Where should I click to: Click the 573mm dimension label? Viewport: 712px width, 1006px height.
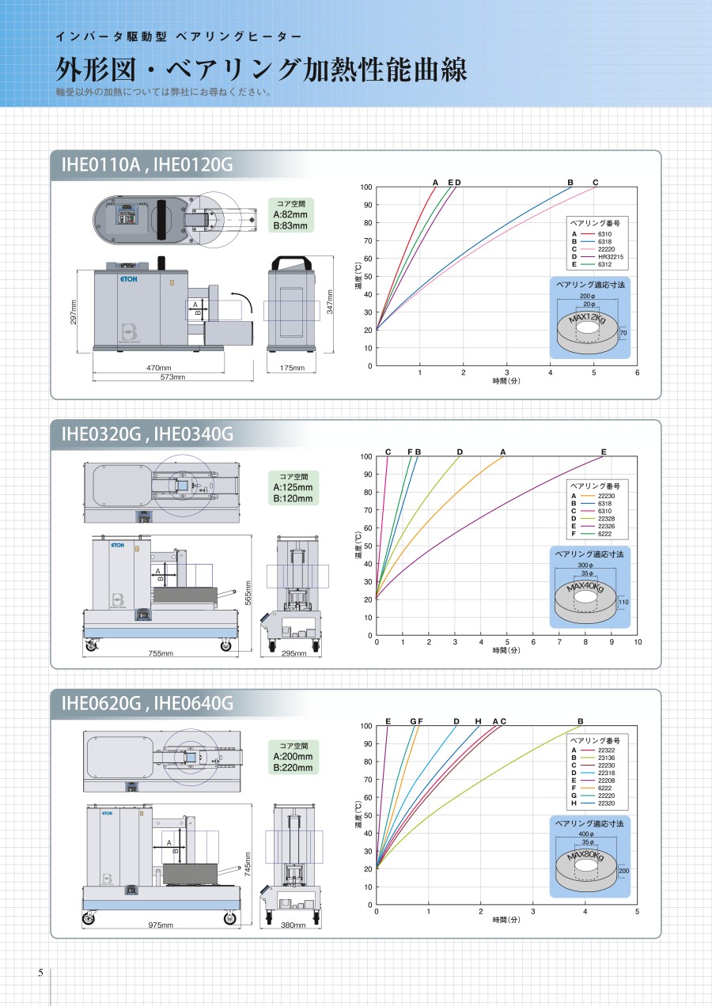tap(173, 377)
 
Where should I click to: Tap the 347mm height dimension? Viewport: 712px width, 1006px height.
tap(330, 302)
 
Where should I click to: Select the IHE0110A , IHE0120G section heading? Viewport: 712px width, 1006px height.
tap(147, 165)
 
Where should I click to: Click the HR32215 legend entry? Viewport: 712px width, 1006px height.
tap(611, 257)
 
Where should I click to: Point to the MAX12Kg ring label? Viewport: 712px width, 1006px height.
tap(588, 319)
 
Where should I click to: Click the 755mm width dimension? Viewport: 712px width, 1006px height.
tap(161, 653)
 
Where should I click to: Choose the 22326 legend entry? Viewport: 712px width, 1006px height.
tap(607, 526)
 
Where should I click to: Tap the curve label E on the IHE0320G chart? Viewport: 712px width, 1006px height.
tap(604, 452)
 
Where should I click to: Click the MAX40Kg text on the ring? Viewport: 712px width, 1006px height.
tap(585, 588)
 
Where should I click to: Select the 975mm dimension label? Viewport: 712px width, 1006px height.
tap(161, 925)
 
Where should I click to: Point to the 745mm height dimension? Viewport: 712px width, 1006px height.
tap(248, 864)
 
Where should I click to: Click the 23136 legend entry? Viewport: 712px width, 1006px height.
tap(607, 758)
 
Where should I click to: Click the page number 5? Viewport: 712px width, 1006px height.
tap(41, 973)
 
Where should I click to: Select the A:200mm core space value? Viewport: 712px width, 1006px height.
tap(293, 756)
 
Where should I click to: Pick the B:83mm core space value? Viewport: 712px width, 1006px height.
tap(290, 226)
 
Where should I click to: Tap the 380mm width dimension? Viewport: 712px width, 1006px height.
tap(294, 925)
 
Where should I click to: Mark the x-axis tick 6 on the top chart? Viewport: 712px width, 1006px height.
tap(637, 373)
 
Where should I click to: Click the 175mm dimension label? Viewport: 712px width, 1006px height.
tap(292, 368)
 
